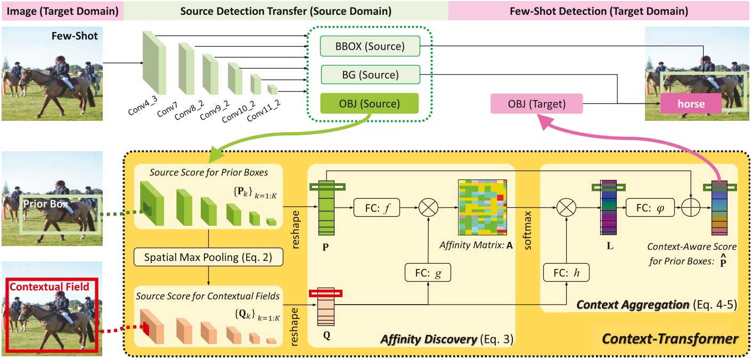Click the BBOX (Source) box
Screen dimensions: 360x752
point(370,46)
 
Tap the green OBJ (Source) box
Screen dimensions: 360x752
point(370,103)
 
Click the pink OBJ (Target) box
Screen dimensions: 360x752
point(536,103)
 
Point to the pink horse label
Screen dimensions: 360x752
point(691,104)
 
